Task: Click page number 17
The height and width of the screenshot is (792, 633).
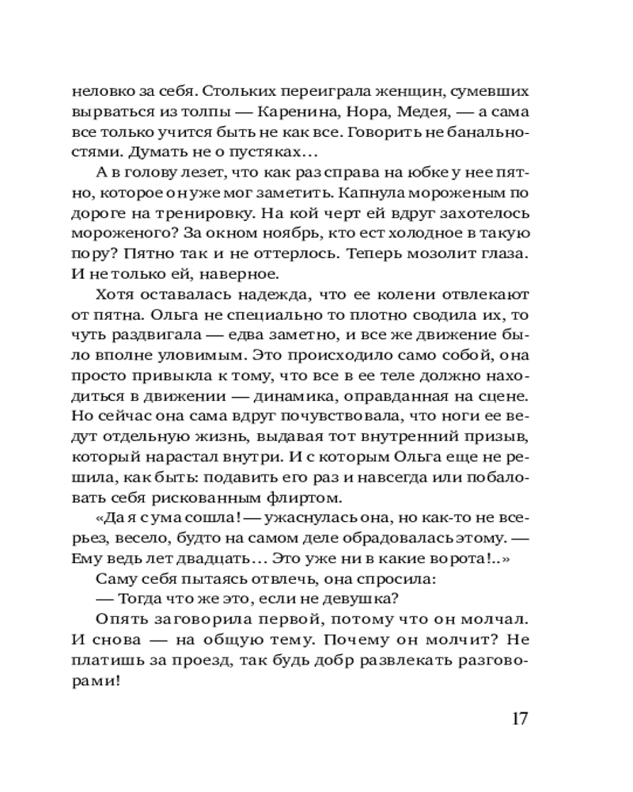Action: click(519, 718)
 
